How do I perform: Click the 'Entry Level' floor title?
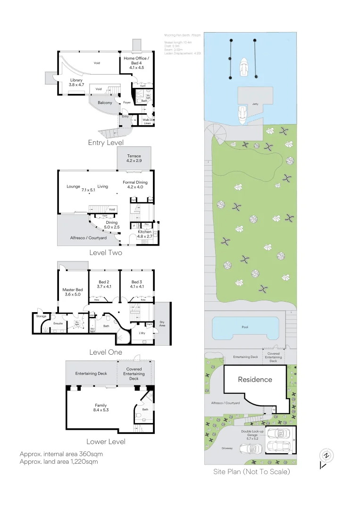[106, 143]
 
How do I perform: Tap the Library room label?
[76, 83]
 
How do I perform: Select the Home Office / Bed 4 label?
[136, 63]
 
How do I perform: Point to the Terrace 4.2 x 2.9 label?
[134, 159]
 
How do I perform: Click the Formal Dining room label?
[135, 185]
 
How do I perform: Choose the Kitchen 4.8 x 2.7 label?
[144, 235]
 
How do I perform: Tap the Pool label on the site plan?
[244, 327]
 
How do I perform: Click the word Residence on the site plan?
[255, 379]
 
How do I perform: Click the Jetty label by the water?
[255, 104]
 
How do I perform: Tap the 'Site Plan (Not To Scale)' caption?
[251, 471]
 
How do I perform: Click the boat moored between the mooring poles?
[243, 68]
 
